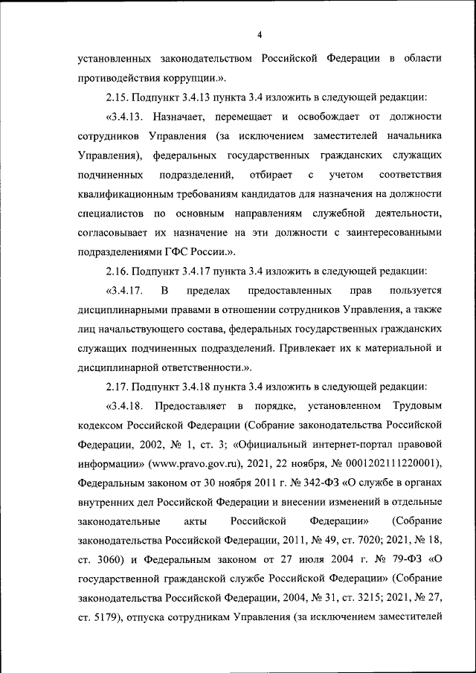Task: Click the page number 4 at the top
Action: coord(260,35)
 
